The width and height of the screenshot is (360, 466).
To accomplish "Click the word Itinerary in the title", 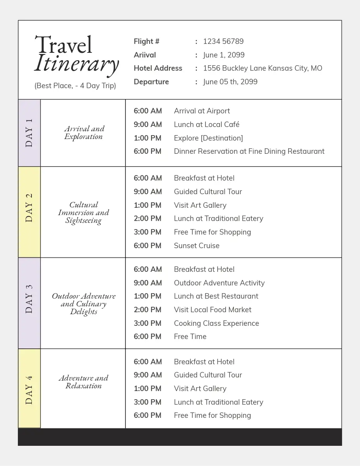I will [76, 64].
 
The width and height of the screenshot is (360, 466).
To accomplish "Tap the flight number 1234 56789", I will [223, 42].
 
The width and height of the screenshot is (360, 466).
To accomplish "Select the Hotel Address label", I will [158, 68].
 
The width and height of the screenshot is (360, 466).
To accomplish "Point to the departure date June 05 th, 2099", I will [230, 82].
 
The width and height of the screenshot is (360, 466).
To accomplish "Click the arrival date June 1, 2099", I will [224, 55].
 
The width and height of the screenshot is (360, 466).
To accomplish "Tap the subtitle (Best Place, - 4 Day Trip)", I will [75, 86].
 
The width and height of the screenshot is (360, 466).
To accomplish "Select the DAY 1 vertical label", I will [29, 132].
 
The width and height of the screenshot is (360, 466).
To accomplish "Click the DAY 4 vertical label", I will [29, 389].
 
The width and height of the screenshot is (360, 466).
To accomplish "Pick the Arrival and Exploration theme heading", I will [84, 132].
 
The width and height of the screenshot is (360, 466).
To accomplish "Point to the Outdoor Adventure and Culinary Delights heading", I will [84, 304].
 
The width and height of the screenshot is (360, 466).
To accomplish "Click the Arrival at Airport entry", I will [202, 111].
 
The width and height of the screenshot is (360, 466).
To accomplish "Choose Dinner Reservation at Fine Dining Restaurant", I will [249, 151].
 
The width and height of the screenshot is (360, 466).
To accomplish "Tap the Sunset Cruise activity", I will [197, 246].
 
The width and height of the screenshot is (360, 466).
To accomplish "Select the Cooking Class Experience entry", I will [216, 323].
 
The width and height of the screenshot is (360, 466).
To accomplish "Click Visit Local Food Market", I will [212, 310].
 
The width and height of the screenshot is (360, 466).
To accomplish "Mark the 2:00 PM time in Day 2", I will [148, 219].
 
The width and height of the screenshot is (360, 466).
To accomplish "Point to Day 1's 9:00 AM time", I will [148, 125].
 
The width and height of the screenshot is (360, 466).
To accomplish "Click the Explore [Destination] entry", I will [208, 138].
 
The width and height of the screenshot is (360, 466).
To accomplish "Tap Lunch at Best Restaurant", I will [216, 296].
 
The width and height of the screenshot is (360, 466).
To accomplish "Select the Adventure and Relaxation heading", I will [83, 382].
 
